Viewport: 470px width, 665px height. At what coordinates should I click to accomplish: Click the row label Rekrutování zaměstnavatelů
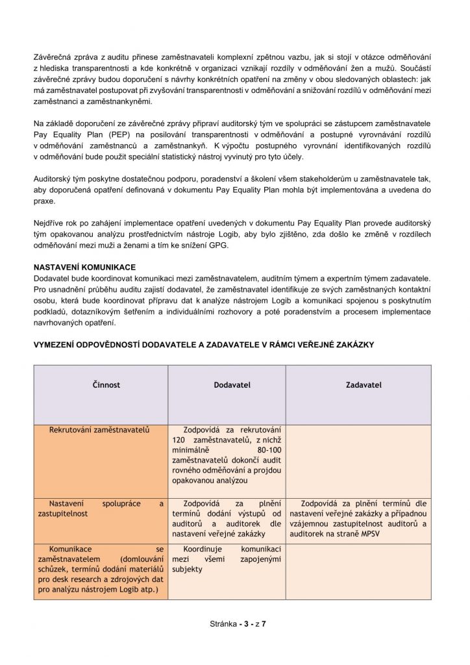(100, 430)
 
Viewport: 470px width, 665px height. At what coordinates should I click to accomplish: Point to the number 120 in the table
(190, 441)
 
